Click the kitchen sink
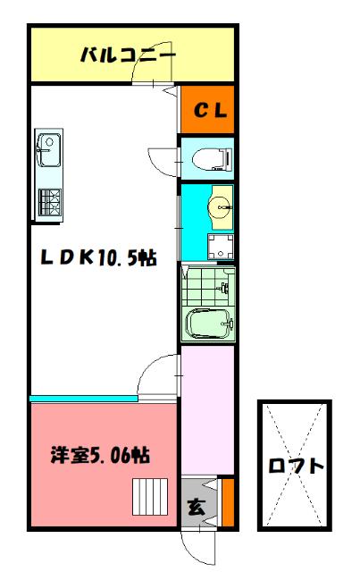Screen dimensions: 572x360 tap(48, 148)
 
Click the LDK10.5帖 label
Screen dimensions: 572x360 tap(98, 258)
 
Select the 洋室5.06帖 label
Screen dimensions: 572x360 tap(99, 455)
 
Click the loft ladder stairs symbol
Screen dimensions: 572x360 tap(150, 493)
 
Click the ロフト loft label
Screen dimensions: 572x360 tap(295, 467)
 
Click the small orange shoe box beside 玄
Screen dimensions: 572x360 tap(227, 502)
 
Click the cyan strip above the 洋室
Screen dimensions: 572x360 tap(85, 398)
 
